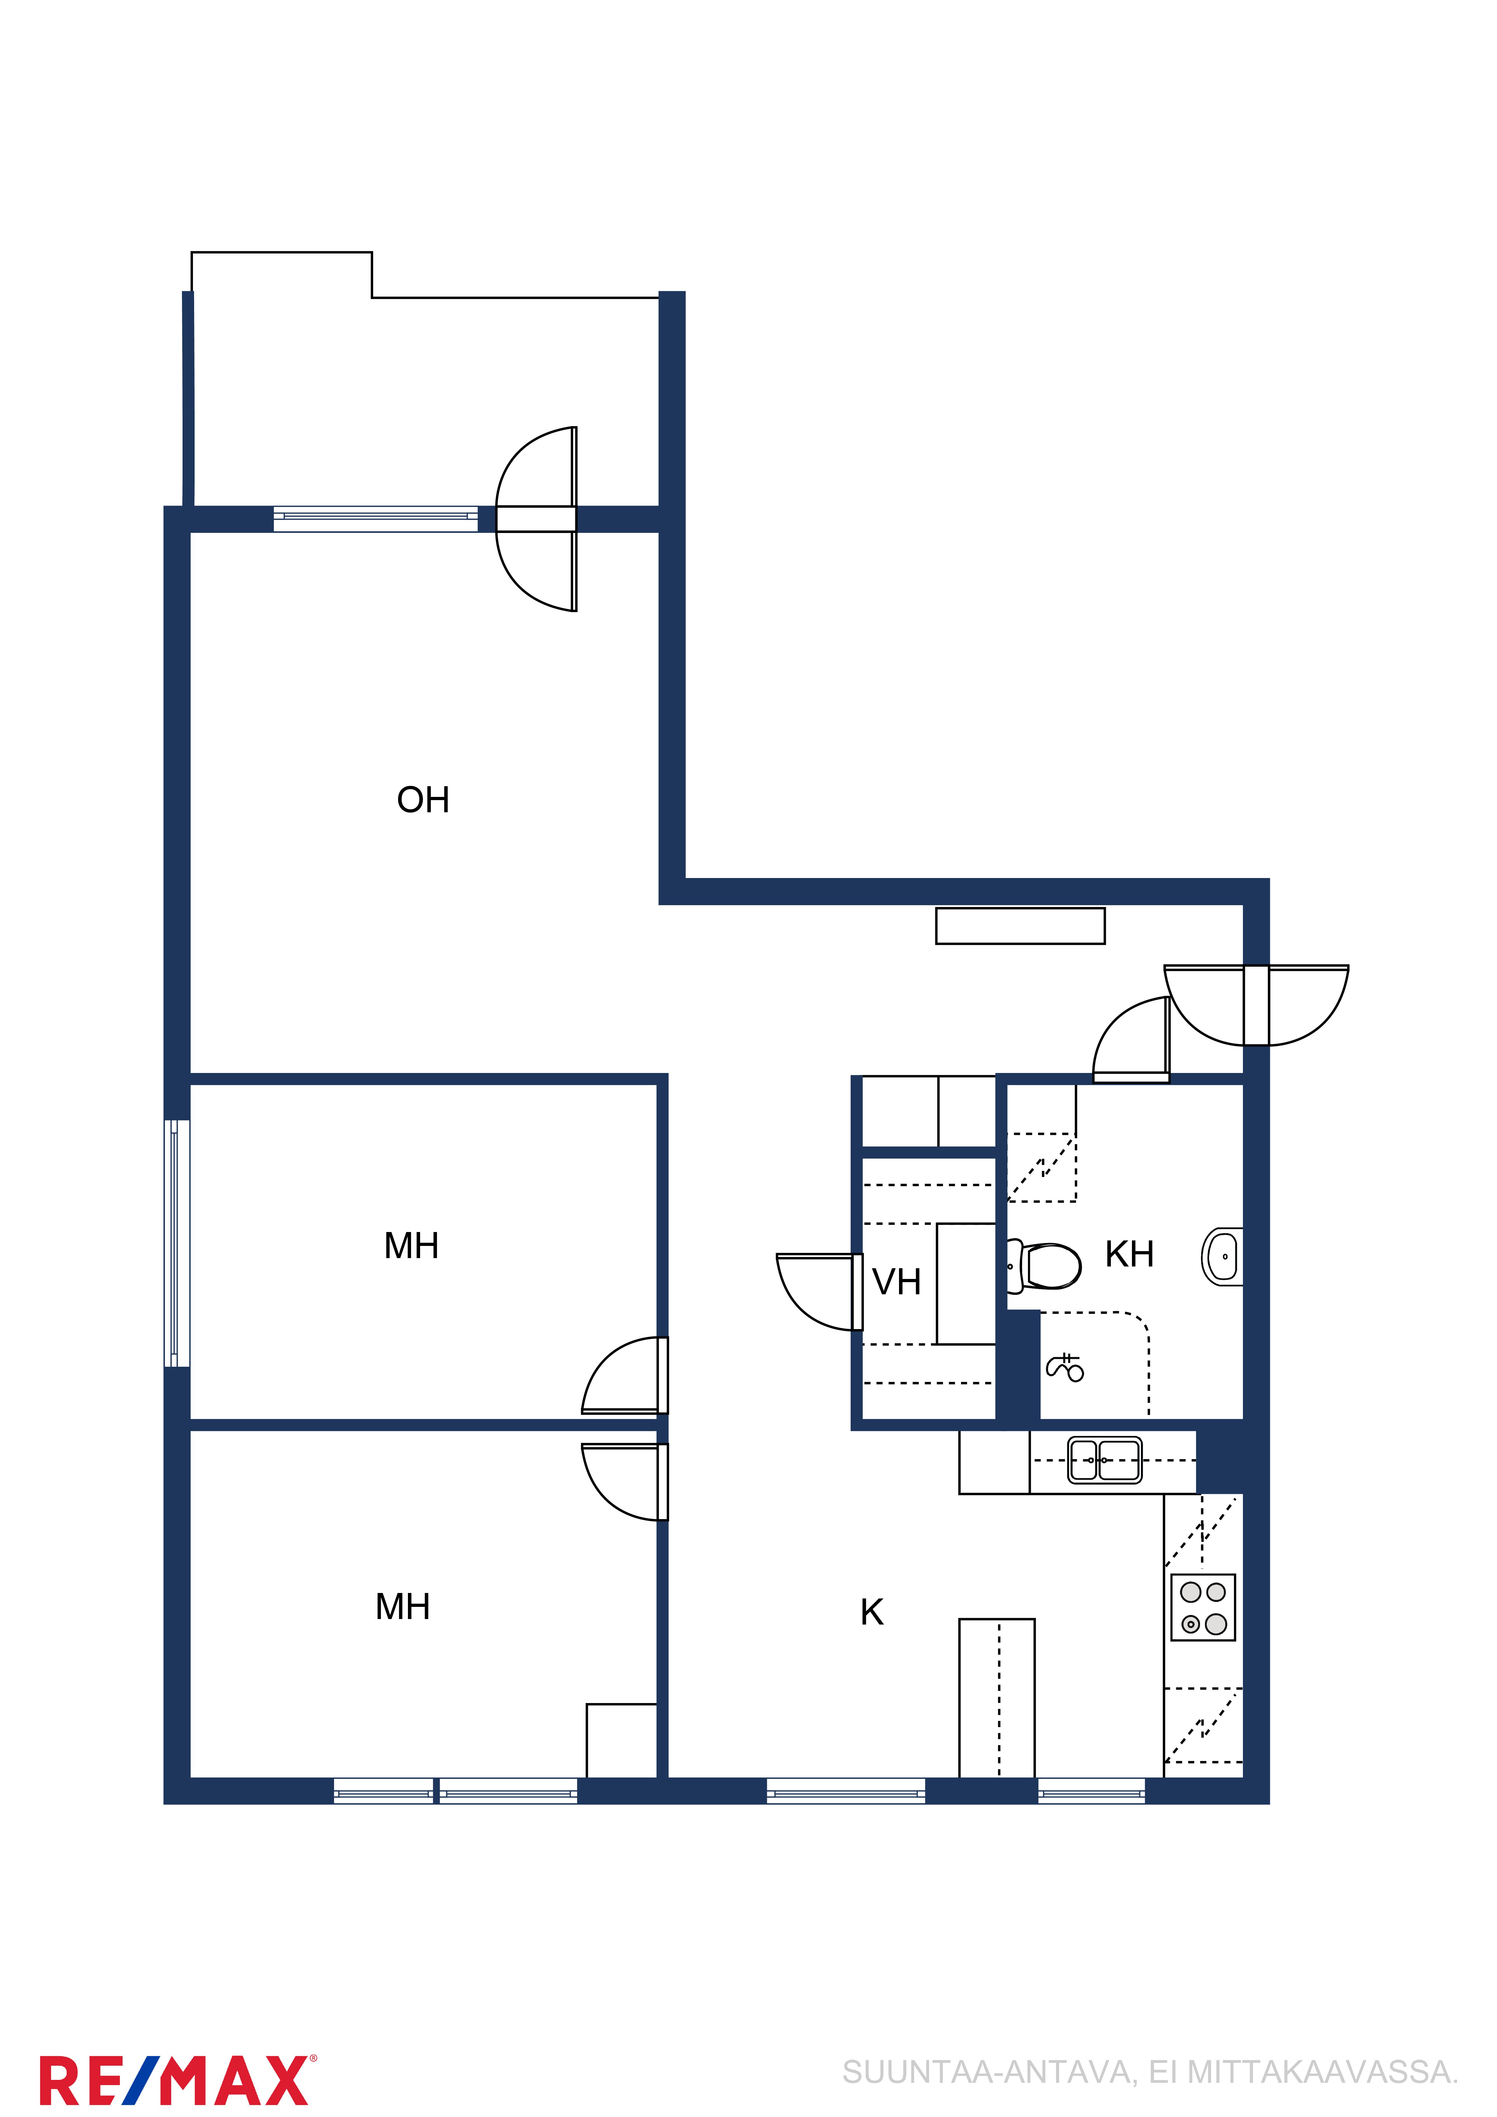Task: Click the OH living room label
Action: pos(423,800)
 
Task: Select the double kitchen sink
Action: pos(1104,1461)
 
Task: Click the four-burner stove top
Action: pos(1203,1607)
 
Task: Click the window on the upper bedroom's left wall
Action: pos(177,1243)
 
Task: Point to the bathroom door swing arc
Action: pos(1131,1039)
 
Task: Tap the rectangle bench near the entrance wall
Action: pos(1020,926)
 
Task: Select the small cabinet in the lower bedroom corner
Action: pos(622,1741)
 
